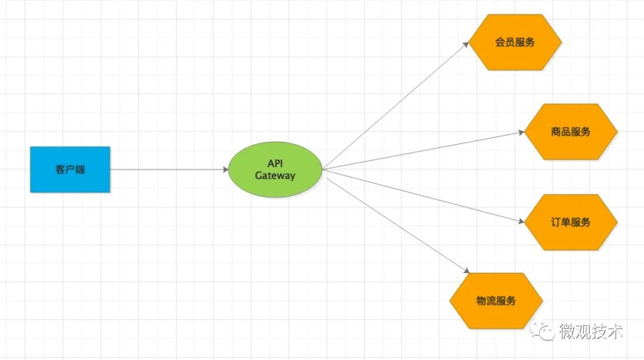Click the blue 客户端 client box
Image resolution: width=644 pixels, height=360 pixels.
tap(70, 169)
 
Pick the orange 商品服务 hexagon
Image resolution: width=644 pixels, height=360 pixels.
tap(571, 132)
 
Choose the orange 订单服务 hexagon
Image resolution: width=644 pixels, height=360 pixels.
tap(571, 222)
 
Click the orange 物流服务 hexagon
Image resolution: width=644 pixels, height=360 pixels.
tap(496, 300)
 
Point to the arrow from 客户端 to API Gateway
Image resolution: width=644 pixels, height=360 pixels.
tap(170, 169)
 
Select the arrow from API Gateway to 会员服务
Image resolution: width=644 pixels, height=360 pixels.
tap(394, 107)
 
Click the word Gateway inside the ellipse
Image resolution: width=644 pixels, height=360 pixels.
tap(275, 176)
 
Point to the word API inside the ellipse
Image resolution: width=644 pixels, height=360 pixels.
tap(275, 163)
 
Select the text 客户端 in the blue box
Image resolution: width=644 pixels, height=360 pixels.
tap(70, 169)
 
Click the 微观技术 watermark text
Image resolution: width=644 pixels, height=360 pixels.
tap(590, 331)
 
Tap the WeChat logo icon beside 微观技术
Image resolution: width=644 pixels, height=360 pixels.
tap(543, 331)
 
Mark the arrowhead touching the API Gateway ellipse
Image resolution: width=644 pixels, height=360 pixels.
tap(225, 169)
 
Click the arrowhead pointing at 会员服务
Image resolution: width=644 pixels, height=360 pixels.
tap(466, 45)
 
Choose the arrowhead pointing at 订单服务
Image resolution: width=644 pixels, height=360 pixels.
tap(521, 221)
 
